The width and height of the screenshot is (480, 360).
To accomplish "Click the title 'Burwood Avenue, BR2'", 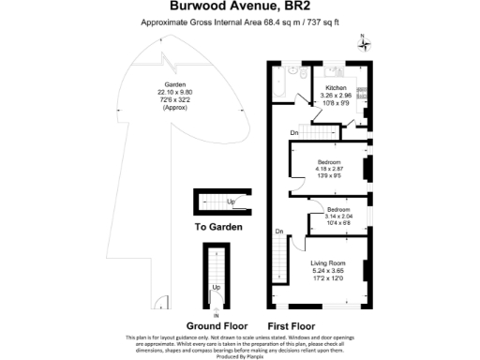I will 239,7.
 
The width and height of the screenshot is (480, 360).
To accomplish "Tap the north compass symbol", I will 365,41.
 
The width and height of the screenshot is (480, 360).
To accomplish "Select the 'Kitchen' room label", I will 336,87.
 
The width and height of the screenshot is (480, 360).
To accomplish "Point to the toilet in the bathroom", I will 292,70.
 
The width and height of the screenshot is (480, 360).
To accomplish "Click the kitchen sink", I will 335,70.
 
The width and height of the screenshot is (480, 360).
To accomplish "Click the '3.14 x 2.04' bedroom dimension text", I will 337,216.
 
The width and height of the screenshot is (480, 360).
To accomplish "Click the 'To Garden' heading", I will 218,227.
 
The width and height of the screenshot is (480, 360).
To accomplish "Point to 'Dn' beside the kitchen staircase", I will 294,133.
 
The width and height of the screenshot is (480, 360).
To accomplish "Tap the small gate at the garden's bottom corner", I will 161,302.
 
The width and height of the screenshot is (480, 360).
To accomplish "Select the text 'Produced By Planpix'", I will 239,356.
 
